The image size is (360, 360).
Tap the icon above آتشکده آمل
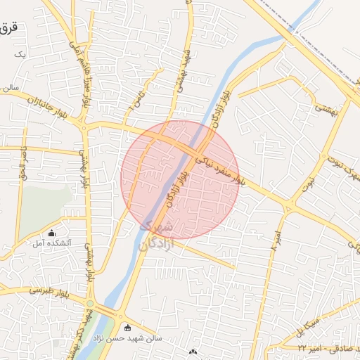51,233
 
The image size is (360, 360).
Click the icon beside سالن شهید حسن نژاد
127,328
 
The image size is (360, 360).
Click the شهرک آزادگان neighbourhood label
156,236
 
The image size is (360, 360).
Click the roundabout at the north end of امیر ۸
289,206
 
